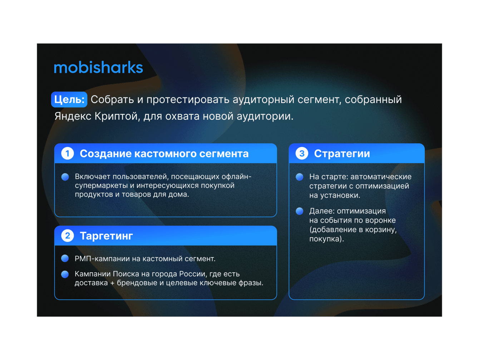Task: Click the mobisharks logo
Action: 98,68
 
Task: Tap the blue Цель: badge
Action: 69,99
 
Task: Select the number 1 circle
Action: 68,153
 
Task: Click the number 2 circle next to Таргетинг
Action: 68,236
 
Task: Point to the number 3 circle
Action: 302,153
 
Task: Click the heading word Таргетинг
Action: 106,236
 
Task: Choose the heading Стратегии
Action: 342,154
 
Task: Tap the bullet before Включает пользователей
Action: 65,177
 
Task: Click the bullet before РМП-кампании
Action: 65,258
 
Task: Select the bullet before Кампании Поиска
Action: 65,274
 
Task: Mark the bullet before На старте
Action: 300,177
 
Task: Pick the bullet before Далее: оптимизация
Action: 300,211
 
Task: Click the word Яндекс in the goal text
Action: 73,116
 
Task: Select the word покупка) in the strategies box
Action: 327,239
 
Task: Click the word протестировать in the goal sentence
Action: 188,100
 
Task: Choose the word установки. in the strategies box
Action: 340,195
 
